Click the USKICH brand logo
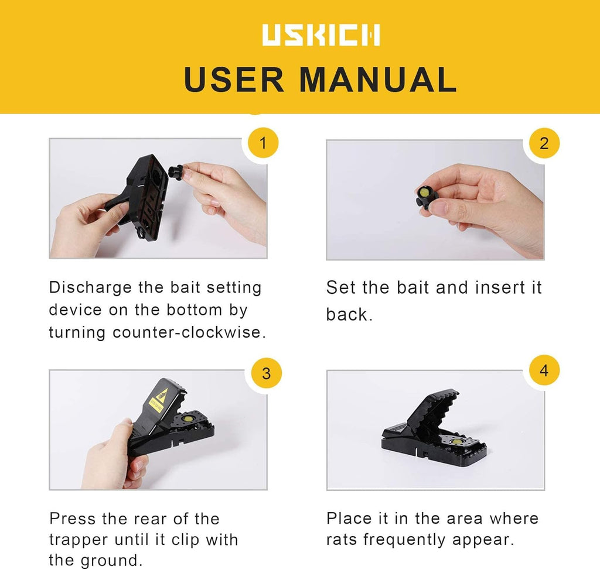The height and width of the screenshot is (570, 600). pyautogui.click(x=321, y=35)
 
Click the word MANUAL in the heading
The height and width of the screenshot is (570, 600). pyautogui.click(x=378, y=80)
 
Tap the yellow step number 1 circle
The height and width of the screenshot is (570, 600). pyautogui.click(x=263, y=143)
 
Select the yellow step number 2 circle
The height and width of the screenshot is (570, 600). pyautogui.click(x=544, y=143)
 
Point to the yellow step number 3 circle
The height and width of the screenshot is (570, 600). pyautogui.click(x=267, y=373)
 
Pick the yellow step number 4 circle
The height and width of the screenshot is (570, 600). pyautogui.click(x=544, y=370)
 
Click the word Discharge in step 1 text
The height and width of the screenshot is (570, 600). pyautogui.click(x=90, y=288)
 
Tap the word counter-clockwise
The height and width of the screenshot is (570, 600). pyautogui.click(x=189, y=332)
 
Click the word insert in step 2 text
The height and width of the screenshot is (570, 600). pyautogui.click(x=500, y=287)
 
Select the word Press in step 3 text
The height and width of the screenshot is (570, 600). pyautogui.click(x=72, y=519)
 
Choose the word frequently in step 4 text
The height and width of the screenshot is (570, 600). pyautogui.click(x=404, y=540)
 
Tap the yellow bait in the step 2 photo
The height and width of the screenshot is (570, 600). pyautogui.click(x=424, y=191)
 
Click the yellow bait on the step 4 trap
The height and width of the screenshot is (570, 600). pyautogui.click(x=456, y=442)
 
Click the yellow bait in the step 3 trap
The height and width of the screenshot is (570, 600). pyautogui.click(x=187, y=418)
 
